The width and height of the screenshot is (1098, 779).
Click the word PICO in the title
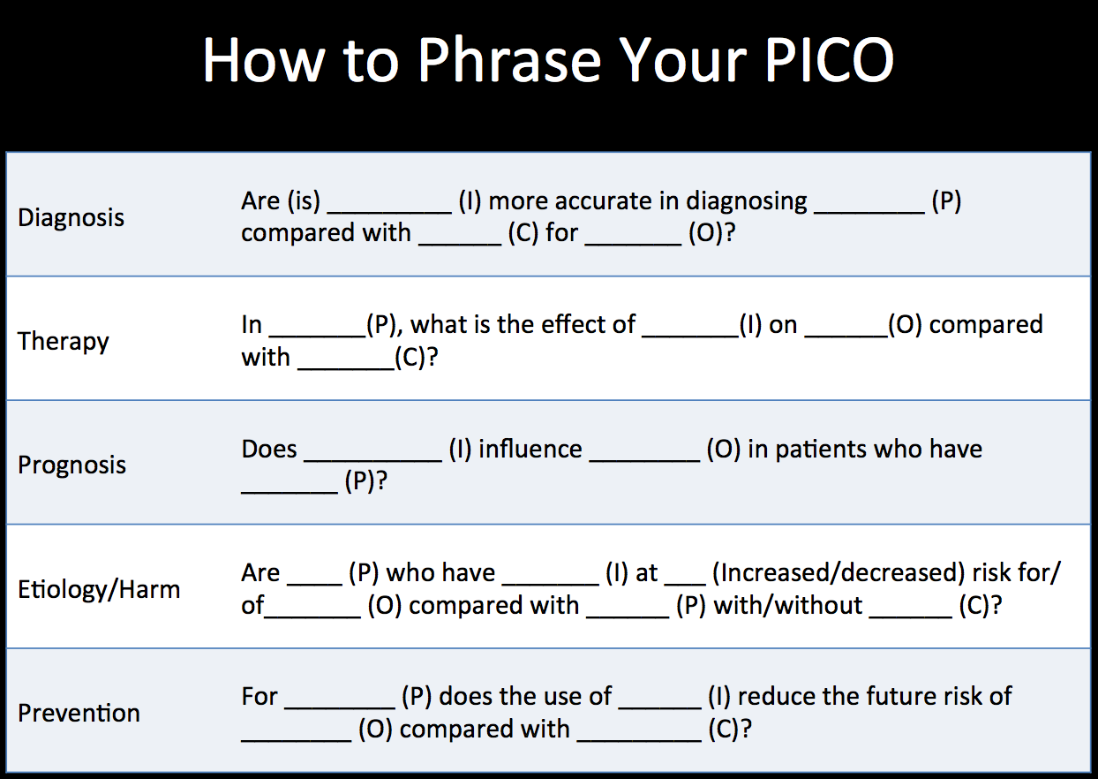coord(830,60)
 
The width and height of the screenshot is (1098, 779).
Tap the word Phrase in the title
coord(509,60)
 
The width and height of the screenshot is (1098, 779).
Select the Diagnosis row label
coord(71,217)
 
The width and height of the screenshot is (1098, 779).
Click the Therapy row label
coord(64,342)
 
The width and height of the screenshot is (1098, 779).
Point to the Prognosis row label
coord(71,465)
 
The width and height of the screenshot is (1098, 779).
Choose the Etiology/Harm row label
coord(99,589)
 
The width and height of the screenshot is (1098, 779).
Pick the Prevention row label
coord(79,713)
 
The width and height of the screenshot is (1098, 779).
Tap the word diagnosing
coord(746,202)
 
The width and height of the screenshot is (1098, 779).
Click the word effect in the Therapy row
coord(605,325)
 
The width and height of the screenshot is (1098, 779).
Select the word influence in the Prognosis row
coord(530,449)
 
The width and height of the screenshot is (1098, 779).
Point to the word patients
coord(821,450)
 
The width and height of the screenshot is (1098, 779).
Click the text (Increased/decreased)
coord(839,573)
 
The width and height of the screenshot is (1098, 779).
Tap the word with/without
coord(787,605)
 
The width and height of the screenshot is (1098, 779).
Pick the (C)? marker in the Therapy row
coord(416,358)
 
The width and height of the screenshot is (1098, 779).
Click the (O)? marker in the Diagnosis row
coord(711,233)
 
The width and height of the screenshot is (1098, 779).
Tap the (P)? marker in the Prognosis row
coord(366,481)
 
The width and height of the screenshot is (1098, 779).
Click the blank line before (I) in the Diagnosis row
coord(389,213)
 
